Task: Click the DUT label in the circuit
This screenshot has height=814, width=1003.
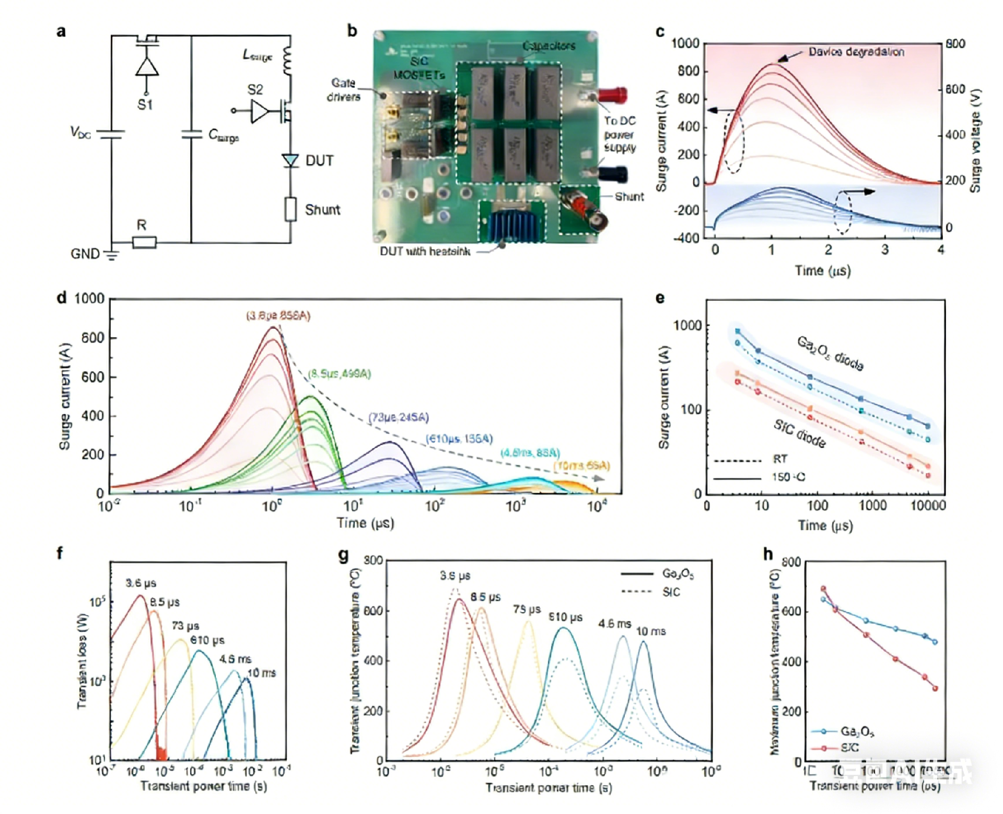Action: pyautogui.click(x=319, y=160)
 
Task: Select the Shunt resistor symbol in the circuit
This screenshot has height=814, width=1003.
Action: pyautogui.click(x=290, y=209)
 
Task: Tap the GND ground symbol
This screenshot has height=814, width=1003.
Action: pyautogui.click(x=111, y=255)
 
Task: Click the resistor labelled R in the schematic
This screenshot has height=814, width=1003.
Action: pyautogui.click(x=144, y=243)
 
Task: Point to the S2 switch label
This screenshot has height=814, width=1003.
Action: pyautogui.click(x=255, y=90)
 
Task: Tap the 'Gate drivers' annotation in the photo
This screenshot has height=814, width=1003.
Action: pyautogui.click(x=344, y=90)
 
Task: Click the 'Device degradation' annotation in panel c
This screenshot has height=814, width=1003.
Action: pyautogui.click(x=856, y=52)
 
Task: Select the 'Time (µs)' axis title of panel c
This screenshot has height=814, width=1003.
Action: pyautogui.click(x=823, y=270)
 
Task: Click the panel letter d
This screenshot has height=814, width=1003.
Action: pyautogui.click(x=62, y=298)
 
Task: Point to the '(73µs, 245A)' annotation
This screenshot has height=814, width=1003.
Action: pyautogui.click(x=399, y=417)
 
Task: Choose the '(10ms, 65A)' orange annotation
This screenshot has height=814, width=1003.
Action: pyautogui.click(x=581, y=465)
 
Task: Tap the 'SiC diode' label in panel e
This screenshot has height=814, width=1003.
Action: pyautogui.click(x=800, y=434)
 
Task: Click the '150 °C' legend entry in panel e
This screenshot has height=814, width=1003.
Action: pyautogui.click(x=788, y=477)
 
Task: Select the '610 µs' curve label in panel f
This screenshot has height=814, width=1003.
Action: pyautogui.click(x=207, y=640)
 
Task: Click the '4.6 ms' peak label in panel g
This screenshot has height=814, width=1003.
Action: pyautogui.click(x=614, y=624)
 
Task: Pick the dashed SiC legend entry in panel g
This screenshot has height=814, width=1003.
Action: pyautogui.click(x=671, y=592)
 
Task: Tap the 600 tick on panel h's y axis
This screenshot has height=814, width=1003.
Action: pyautogui.click(x=791, y=611)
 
